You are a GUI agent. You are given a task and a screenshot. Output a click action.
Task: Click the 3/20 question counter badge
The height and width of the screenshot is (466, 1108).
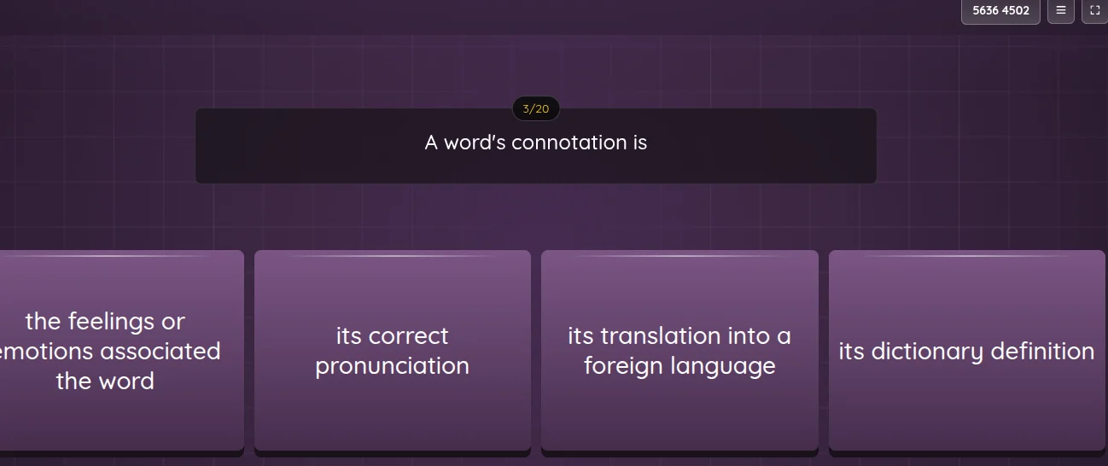[536, 109]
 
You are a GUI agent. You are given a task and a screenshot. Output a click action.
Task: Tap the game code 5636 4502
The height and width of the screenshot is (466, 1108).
[1000, 11]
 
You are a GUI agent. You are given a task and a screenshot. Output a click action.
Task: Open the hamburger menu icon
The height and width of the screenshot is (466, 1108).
[1060, 11]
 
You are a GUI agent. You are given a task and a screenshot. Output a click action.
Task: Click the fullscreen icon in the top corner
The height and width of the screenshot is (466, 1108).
[1095, 11]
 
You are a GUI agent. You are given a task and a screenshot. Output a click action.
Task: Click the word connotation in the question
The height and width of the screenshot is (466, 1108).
[569, 143]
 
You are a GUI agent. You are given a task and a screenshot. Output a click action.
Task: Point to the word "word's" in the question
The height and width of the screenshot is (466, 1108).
[475, 143]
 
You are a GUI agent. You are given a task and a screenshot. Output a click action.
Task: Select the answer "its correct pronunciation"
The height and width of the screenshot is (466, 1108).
[393, 351]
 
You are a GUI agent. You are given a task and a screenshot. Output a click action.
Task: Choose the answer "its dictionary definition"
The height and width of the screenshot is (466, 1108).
[966, 351]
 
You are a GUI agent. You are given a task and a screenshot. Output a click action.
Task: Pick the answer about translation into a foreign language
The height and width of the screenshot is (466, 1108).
[679, 351]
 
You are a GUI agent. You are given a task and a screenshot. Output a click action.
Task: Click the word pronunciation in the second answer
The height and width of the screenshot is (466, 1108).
[393, 366]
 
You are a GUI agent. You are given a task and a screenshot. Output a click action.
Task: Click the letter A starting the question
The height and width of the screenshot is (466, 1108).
[431, 143]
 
